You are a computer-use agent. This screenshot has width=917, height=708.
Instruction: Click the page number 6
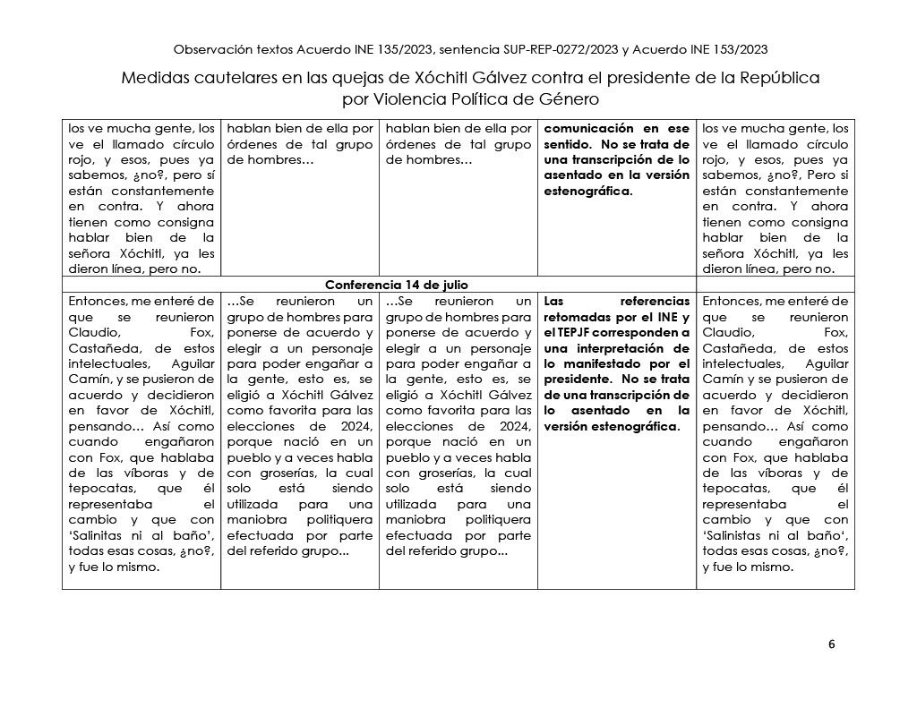(x=832, y=644)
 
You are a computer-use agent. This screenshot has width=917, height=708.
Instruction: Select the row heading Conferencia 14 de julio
(x=397, y=285)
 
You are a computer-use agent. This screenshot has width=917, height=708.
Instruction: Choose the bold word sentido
(x=569, y=143)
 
